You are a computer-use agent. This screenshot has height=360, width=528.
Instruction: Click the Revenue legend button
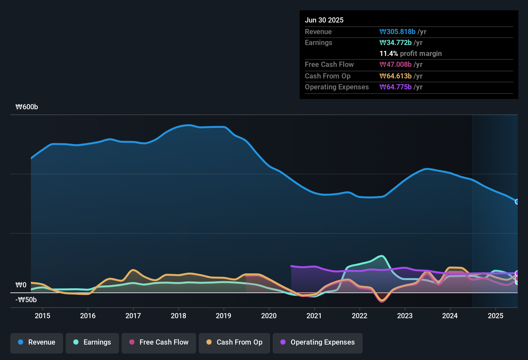tap(37, 342)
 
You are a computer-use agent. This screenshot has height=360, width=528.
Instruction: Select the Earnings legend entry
tap(92, 342)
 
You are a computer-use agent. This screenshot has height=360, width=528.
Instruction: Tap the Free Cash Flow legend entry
tap(159, 342)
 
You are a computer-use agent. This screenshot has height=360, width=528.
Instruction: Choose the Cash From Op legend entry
tap(234, 342)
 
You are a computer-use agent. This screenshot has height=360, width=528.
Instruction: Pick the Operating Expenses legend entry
tap(318, 342)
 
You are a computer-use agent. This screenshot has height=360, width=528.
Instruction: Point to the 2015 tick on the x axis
tap(42, 316)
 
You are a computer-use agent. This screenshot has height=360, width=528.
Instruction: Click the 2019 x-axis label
tap(223, 316)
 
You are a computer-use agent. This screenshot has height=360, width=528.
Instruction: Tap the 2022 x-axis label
tap(360, 316)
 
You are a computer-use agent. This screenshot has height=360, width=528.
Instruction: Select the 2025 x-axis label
tap(496, 316)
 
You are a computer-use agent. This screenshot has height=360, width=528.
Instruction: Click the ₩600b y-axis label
tap(27, 107)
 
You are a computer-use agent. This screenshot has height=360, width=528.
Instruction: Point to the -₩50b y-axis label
tap(26, 300)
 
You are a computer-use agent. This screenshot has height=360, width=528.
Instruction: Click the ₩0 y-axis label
tap(21, 285)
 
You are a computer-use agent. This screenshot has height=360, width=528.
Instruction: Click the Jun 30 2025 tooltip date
tap(324, 20)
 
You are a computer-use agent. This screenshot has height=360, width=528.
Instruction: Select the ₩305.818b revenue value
tap(397, 32)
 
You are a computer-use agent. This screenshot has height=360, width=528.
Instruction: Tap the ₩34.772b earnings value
tap(396, 42)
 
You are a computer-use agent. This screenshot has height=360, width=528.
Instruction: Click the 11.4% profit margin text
tap(411, 53)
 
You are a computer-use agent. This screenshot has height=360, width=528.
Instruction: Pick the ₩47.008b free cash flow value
tap(396, 64)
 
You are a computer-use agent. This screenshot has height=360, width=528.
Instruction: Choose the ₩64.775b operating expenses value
tap(396, 87)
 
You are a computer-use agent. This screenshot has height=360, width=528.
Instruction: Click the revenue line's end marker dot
tap(517, 202)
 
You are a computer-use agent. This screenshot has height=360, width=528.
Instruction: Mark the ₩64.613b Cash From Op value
tap(396, 76)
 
